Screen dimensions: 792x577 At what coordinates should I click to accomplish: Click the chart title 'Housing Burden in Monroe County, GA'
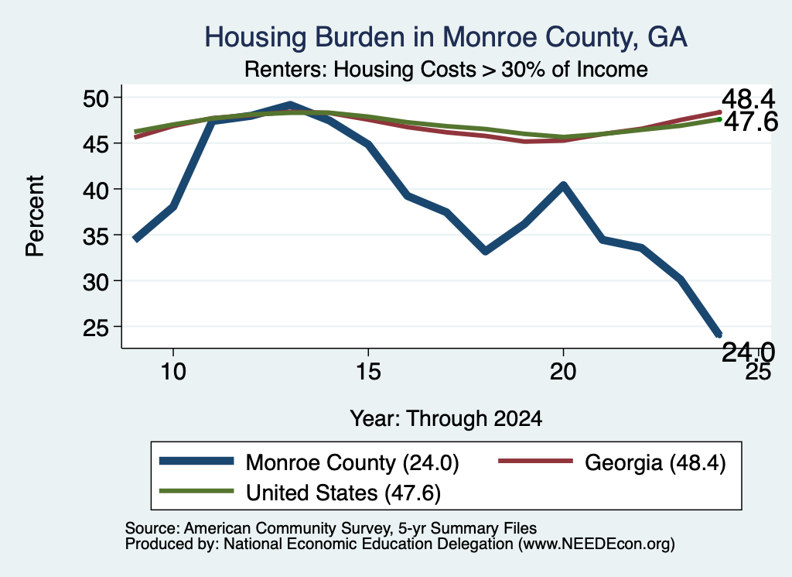coord(445,37)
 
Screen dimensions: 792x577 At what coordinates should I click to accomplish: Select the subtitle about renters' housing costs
coord(446,69)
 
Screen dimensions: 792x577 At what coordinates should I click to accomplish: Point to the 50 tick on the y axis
coord(96,98)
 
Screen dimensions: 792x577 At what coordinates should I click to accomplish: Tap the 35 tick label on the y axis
coord(96,235)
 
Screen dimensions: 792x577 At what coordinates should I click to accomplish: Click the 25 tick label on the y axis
coord(96,327)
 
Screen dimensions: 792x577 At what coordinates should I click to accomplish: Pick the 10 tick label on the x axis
coord(173,372)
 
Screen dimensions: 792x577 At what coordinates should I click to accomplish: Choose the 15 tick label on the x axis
coord(368,372)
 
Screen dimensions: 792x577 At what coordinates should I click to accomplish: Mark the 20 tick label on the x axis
coord(563,372)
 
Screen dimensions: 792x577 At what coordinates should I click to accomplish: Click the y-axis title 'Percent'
coord(35,216)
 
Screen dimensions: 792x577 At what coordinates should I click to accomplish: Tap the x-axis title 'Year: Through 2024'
coord(446,419)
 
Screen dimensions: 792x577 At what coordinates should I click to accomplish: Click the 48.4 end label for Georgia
coord(748,99)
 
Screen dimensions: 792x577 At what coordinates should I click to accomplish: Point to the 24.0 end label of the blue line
coord(748,352)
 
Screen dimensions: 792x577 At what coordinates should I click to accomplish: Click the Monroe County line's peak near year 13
coord(290,105)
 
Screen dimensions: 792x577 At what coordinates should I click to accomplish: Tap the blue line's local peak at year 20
coord(563,185)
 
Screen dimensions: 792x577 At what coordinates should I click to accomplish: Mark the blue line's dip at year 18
coord(486,251)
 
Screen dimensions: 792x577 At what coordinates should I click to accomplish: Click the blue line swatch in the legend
coord(196,461)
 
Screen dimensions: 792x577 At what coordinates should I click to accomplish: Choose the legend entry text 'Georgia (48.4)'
coord(655,462)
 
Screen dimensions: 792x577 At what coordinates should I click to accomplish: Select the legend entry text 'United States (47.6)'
coord(343,493)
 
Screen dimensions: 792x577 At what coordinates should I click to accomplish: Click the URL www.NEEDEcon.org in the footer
coord(596,544)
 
